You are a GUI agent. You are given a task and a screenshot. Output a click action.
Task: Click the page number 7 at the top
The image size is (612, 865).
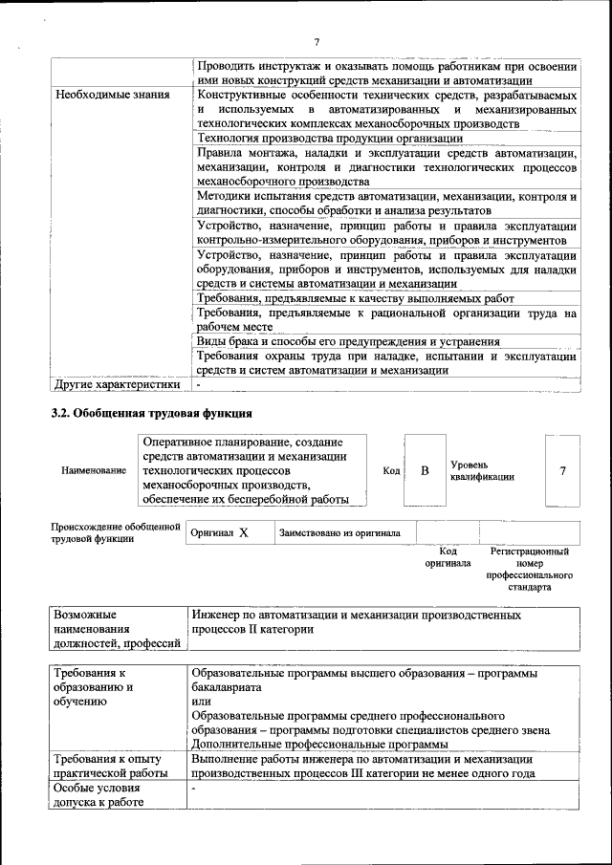[x=316, y=40]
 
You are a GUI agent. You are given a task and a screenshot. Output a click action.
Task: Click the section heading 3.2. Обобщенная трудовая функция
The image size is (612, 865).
[x=151, y=414]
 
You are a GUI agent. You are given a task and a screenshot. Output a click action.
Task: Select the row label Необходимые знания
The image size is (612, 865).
[x=112, y=96]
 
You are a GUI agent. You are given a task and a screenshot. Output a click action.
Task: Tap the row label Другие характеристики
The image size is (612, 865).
[x=117, y=385]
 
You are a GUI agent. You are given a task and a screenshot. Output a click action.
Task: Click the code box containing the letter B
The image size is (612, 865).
[x=426, y=471]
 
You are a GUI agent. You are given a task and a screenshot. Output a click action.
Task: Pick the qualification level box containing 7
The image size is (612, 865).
[x=562, y=471]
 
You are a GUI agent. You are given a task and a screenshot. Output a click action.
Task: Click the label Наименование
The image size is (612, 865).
[x=94, y=471]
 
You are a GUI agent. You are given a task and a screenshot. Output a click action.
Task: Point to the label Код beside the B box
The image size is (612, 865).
[x=391, y=471]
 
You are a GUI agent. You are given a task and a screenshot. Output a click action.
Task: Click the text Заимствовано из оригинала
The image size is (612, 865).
[x=339, y=533]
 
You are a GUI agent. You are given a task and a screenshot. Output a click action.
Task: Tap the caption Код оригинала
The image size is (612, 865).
[x=448, y=557]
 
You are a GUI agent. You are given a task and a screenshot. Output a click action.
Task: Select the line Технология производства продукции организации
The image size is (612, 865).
[x=329, y=139]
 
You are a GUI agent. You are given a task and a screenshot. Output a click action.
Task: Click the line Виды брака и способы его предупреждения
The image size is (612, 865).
[x=348, y=341]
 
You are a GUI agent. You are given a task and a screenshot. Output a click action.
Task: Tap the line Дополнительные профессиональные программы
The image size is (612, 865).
[x=319, y=745]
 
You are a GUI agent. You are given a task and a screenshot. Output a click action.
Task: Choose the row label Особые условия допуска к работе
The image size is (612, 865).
[x=98, y=795]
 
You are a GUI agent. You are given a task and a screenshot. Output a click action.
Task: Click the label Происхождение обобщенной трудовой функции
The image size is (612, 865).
[x=115, y=532]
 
